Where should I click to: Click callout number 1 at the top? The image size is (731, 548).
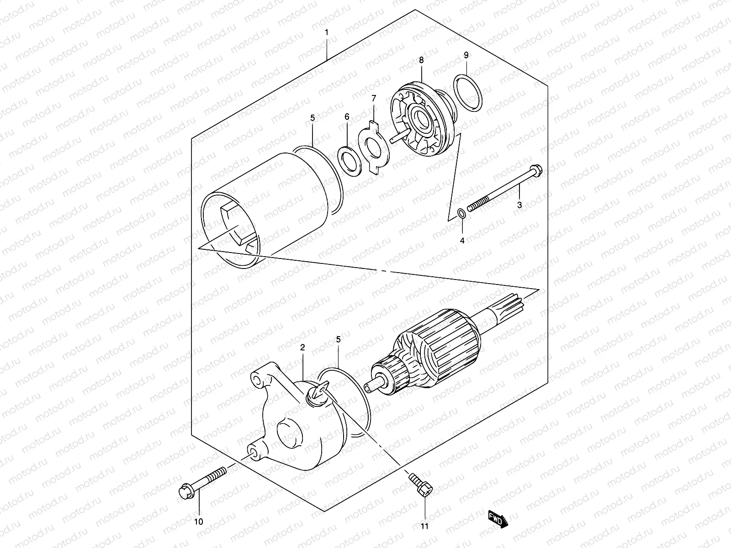[327, 32]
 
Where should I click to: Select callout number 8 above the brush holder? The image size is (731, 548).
[421, 60]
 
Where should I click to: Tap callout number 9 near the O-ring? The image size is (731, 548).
[466, 55]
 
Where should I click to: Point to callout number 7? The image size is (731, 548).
[373, 98]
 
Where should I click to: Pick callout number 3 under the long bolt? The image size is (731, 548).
[519, 205]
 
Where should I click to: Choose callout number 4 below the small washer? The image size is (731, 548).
[462, 241]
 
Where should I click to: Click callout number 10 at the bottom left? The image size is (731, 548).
[199, 522]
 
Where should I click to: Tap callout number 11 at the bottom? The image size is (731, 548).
[425, 527]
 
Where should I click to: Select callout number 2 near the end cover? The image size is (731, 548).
[302, 348]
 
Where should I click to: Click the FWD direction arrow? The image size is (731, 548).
[498, 520]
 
